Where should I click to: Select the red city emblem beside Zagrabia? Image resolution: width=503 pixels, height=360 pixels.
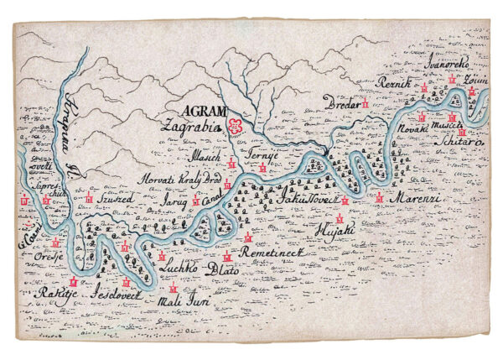click(236, 127)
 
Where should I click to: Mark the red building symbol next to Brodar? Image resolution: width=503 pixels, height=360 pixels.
click(366, 103)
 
